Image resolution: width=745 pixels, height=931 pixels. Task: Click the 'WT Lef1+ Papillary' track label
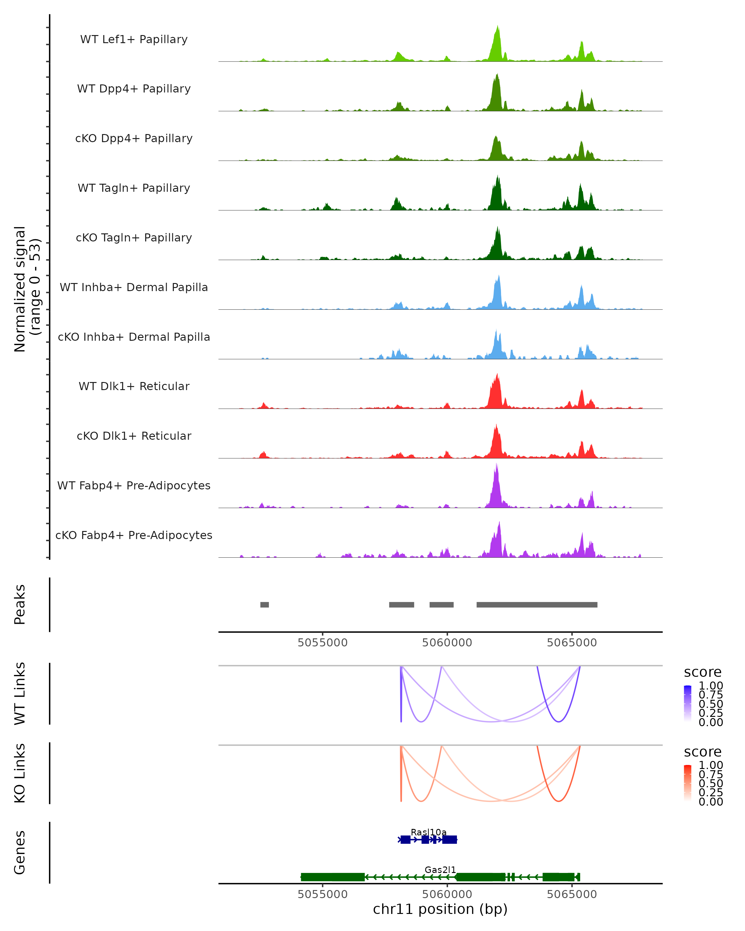(x=134, y=40)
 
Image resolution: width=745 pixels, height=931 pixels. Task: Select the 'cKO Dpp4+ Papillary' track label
(x=134, y=139)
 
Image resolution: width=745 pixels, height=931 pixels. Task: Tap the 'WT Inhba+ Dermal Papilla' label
(x=134, y=288)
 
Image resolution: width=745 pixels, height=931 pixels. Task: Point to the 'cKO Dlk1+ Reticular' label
(x=134, y=436)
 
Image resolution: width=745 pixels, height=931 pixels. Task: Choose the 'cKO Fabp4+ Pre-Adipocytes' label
(x=134, y=535)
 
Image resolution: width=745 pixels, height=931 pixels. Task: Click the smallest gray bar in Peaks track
(x=264, y=605)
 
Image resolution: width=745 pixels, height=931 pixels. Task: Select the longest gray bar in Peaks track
(x=536, y=605)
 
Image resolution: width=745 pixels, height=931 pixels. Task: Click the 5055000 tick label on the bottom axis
(x=322, y=894)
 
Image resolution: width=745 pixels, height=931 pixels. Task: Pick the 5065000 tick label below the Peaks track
(x=571, y=643)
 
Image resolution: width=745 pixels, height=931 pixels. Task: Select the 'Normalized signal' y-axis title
(x=20, y=289)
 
